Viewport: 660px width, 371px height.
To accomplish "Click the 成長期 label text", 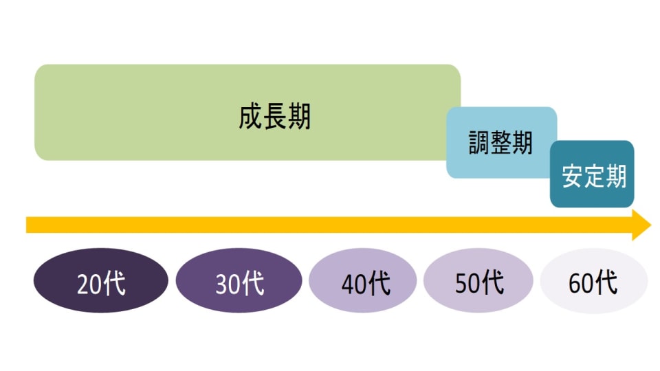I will click(275, 117).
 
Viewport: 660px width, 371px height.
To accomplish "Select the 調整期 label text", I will click(500, 143).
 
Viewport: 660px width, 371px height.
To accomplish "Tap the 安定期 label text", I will click(594, 177).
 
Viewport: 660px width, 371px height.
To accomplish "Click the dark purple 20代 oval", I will click(101, 282).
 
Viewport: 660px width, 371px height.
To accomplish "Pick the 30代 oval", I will click(239, 282).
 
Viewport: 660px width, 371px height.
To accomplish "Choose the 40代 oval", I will click(362, 282).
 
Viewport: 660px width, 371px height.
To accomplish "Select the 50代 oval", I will click(478, 282).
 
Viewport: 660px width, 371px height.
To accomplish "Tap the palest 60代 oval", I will click(593, 282).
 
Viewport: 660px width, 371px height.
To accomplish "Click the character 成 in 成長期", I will click(251, 117).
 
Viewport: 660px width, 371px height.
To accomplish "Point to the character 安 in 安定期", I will click(573, 177).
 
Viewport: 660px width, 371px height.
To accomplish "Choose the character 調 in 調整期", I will click(479, 143).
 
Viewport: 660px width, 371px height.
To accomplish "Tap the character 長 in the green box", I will click(275, 117).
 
